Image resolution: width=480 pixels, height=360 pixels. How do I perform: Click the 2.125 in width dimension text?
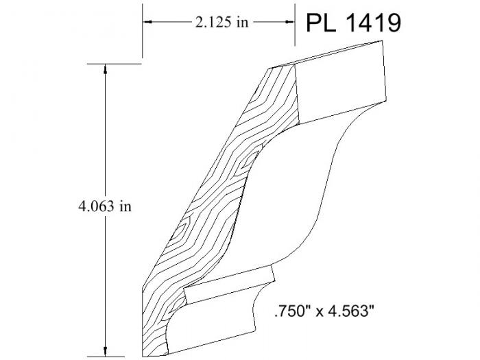pos(221,22)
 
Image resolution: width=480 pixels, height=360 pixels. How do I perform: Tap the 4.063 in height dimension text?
pos(105,206)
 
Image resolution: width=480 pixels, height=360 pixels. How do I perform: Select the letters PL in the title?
pos(321,23)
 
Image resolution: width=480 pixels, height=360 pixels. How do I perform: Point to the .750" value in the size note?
pos(293,312)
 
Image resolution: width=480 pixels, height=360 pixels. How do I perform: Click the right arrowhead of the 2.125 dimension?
pos(289,22)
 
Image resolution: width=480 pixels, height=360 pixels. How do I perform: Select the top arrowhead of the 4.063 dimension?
pos(105,69)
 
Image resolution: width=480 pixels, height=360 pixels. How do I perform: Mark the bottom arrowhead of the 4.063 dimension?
pos(105,352)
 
